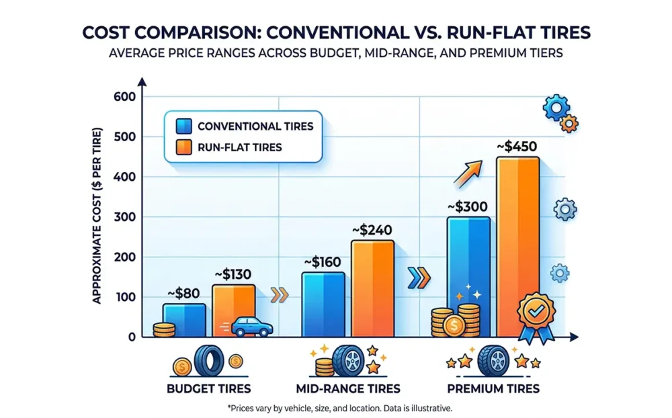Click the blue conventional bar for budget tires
184,319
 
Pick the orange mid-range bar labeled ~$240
373,289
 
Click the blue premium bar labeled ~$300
468,262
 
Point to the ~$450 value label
517,146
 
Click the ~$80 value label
183,293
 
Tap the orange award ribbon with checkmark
535,315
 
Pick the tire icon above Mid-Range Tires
350,362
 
